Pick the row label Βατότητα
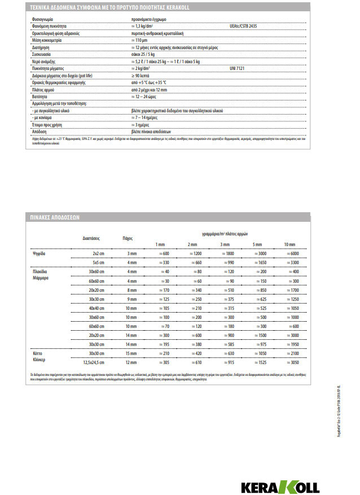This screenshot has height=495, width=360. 40,97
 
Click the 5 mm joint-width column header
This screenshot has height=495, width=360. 256,244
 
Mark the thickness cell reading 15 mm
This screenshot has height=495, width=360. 131,352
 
